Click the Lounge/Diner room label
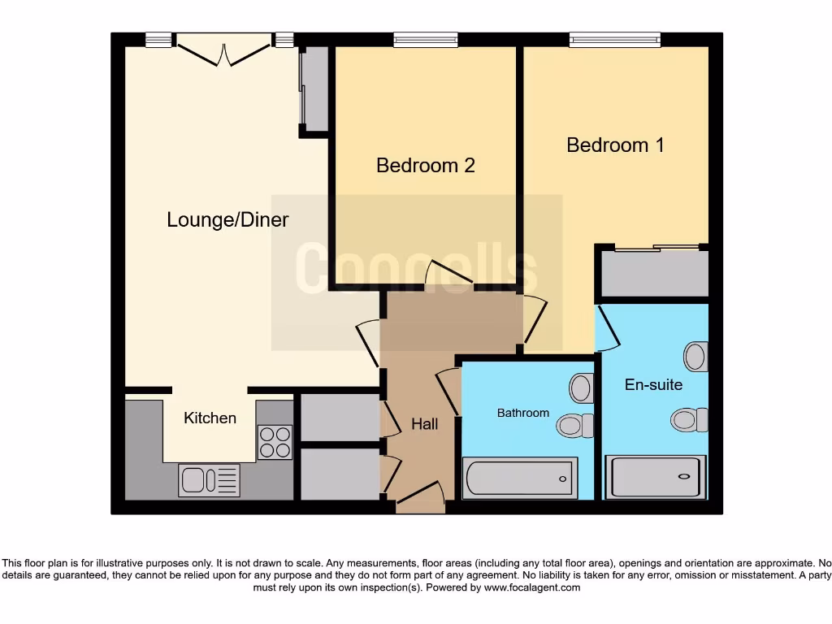click(227, 219)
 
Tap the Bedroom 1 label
click(615, 145)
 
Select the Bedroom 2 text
click(425, 166)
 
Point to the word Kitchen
click(210, 418)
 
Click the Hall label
click(424, 424)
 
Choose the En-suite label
click(653, 384)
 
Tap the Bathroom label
click(523, 413)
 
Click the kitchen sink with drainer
click(209, 479)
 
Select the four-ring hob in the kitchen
click(275, 443)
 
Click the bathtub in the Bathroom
click(520, 477)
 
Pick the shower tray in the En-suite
click(656, 477)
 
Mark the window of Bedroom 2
click(425, 39)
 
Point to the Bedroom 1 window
click(614, 39)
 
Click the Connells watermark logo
click(416, 268)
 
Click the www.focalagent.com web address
click(532, 587)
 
